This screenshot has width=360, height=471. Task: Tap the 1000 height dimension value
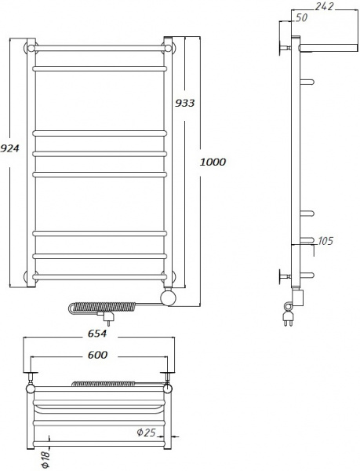pyautogui.click(x=213, y=162)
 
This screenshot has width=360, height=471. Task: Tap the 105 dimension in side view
pyautogui.click(x=325, y=240)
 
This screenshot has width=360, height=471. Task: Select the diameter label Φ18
pyautogui.click(x=45, y=456)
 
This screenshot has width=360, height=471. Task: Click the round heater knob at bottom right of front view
pyautogui.click(x=167, y=297)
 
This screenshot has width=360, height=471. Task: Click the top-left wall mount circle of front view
pyautogui.click(x=31, y=48)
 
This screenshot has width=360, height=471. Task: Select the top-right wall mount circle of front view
pyautogui.click(x=168, y=48)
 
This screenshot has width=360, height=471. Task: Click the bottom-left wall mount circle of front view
pyautogui.click(x=31, y=276)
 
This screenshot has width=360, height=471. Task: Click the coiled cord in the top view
pyautogui.click(x=105, y=384)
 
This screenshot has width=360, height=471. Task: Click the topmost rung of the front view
pyautogui.click(x=99, y=49)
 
